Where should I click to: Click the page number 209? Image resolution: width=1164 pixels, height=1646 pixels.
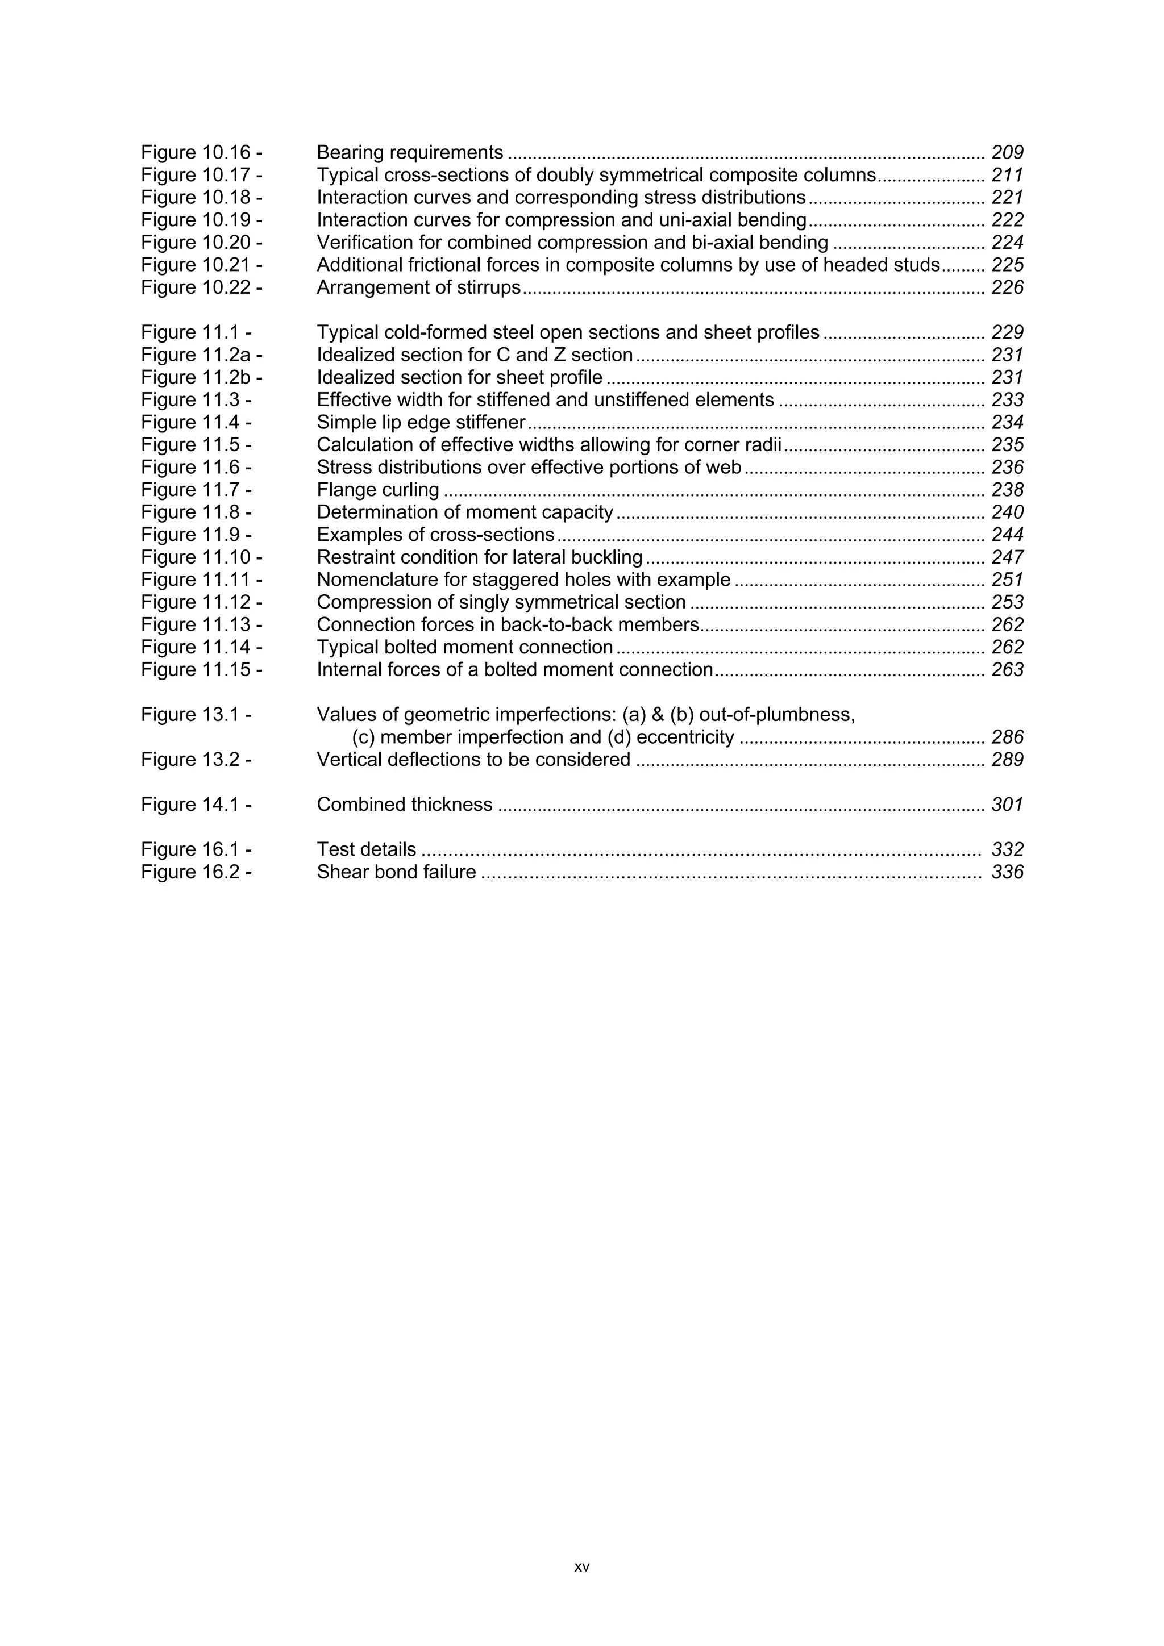[1007, 153]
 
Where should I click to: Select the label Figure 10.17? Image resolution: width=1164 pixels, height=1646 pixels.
[201, 175]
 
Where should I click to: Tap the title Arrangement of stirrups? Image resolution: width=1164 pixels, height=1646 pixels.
[418, 287]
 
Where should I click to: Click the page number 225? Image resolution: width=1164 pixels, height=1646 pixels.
[1007, 265]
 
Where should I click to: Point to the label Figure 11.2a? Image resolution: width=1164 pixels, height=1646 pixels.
[201, 355]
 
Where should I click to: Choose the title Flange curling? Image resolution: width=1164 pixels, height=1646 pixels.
[378, 490]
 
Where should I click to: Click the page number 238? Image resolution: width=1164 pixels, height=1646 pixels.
[1007, 490]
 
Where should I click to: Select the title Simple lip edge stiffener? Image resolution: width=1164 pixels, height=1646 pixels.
[421, 422]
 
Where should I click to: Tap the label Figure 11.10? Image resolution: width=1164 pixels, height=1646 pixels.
[201, 557]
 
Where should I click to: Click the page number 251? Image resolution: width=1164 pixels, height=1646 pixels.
[1007, 580]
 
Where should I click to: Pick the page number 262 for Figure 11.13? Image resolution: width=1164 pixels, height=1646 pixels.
[1007, 624]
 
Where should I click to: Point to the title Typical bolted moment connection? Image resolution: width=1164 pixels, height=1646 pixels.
[465, 647]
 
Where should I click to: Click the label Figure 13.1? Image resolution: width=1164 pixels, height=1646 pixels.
[196, 715]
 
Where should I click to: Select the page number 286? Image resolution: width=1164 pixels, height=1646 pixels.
[1007, 737]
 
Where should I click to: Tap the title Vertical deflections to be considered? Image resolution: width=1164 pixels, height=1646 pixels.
[473, 760]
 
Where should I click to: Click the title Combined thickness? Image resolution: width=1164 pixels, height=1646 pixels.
[405, 805]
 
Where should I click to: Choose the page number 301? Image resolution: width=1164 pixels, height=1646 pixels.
[1007, 805]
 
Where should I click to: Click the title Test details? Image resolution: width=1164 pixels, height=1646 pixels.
[367, 849]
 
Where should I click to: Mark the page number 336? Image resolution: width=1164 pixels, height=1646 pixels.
[1007, 872]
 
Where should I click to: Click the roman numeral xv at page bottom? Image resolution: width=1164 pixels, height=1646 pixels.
[581, 1567]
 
